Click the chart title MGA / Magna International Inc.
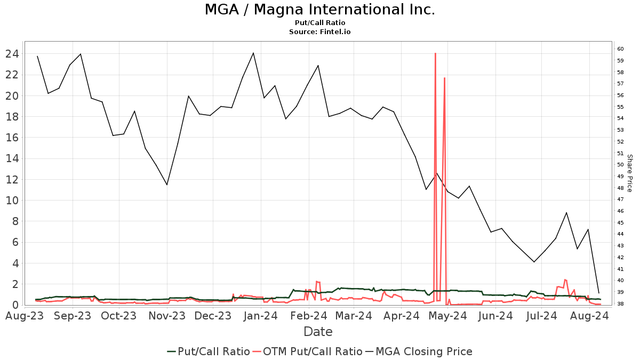tap(319, 10)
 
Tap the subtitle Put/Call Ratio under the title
tap(319, 23)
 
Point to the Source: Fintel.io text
tap(319, 31)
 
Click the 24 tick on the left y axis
tap(12, 54)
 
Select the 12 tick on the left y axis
tap(12, 179)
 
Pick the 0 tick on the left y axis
tap(16, 305)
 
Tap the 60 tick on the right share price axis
tap(620, 49)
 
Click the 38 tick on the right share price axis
tap(620, 304)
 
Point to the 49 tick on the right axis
tap(620, 177)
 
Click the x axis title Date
tap(318, 332)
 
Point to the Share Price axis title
tap(629, 173)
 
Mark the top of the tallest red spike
tap(435, 53)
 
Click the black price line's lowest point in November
tap(167, 185)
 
